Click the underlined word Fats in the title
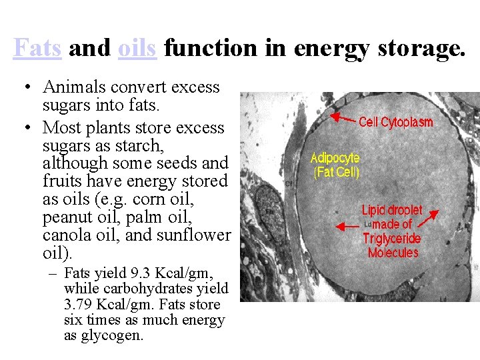click(x=37, y=48)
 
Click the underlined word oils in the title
click(x=137, y=48)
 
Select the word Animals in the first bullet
click(x=71, y=87)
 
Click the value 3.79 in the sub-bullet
click(x=79, y=305)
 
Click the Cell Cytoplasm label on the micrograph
click(x=396, y=122)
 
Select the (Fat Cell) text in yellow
click(x=336, y=172)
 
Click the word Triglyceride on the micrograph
click(x=391, y=239)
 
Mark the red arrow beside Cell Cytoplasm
click(x=343, y=118)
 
